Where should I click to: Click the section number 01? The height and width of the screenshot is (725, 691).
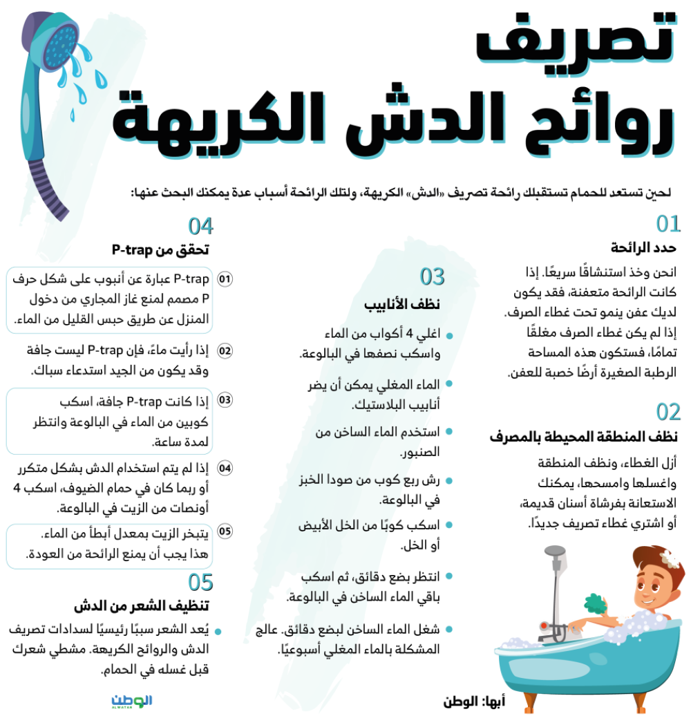(668, 224)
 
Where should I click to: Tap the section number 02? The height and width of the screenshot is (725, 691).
(668, 412)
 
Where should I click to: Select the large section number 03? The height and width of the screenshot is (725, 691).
(433, 277)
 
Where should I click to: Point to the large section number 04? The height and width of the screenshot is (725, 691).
(201, 227)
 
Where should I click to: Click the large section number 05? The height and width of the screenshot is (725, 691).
(200, 582)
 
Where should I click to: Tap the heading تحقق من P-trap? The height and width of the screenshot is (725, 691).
(160, 249)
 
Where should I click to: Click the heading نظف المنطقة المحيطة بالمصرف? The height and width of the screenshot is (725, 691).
(584, 437)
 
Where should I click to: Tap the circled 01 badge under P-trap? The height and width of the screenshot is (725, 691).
(225, 280)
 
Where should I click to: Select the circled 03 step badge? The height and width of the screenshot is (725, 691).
(225, 400)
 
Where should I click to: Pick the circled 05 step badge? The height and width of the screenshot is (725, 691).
(225, 531)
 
